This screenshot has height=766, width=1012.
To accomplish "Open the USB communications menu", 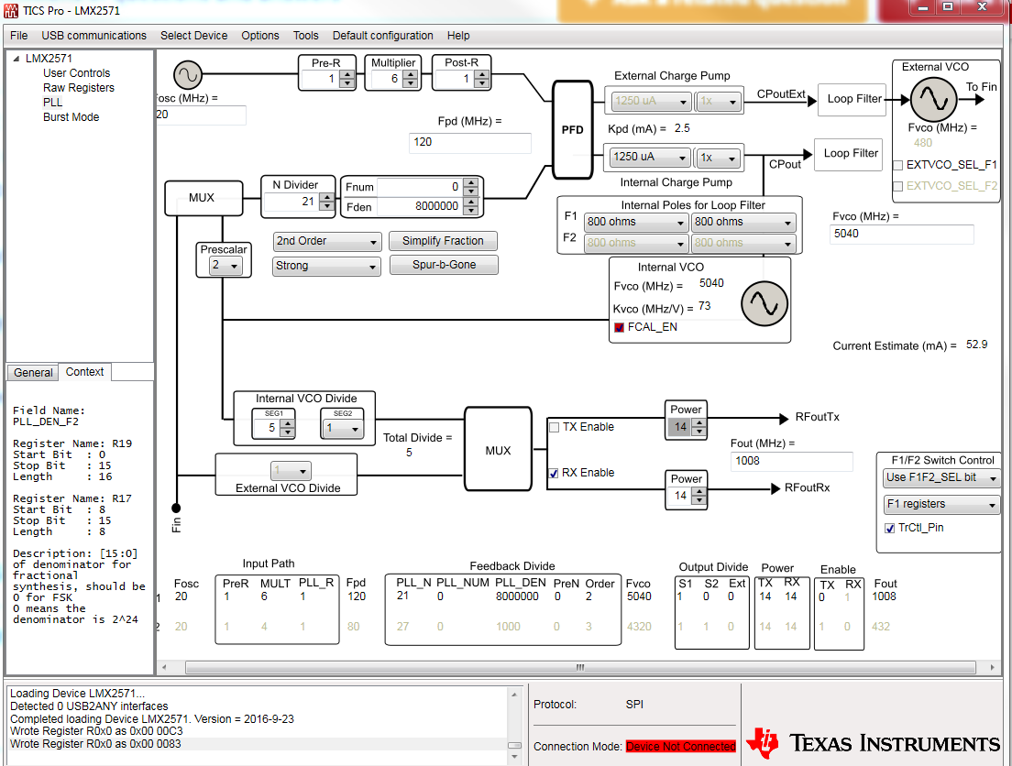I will coord(93,36).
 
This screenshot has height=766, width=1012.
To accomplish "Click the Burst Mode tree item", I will coord(71,117).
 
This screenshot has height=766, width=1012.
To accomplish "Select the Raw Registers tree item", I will coord(79,88).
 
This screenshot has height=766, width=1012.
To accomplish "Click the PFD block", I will coord(572,130).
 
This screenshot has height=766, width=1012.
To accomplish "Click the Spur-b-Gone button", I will coord(443,265).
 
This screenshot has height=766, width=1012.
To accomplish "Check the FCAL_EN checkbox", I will coord(620,327).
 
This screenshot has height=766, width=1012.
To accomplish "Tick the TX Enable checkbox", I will coord(554,427).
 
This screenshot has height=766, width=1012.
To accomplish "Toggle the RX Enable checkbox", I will coord(554,473).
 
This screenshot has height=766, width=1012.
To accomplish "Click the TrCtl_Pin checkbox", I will coord(890,529).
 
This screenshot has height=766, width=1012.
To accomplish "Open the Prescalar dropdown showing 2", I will coord(223,266).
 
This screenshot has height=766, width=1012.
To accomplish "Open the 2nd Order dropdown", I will coord(327,241).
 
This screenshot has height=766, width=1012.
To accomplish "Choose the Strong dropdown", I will coord(327,266).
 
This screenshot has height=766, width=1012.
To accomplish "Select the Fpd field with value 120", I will coord(469,143).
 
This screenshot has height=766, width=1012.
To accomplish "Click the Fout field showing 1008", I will coord(791,461).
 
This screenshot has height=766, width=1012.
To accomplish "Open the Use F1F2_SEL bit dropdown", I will coord(940,478).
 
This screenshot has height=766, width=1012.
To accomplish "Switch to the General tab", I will coord(33,372).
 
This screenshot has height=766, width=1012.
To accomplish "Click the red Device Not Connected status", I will coord(681,747).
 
